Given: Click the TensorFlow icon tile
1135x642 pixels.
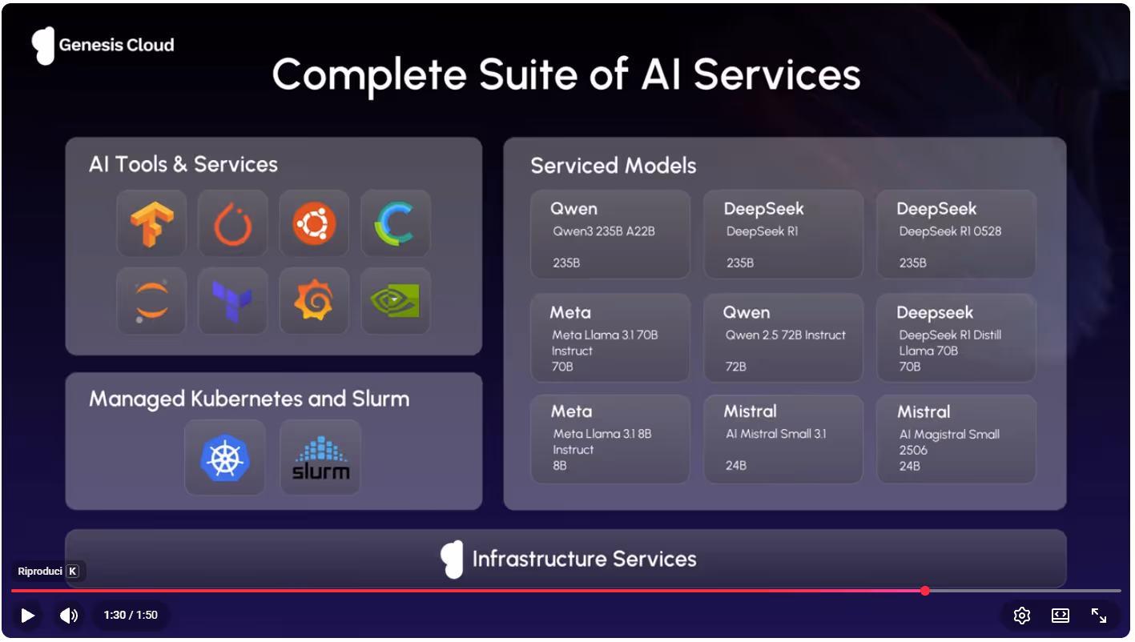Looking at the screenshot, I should [151, 223].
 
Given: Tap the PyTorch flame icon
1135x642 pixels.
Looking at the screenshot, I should [233, 223].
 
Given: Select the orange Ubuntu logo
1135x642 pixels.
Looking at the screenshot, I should [314, 223].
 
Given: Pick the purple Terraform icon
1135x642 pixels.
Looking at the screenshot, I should [233, 301].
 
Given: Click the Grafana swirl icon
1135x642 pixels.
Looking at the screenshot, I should [314, 301].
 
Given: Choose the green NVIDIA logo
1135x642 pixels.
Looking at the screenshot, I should [396, 301].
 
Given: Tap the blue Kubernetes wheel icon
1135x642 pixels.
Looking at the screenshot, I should [225, 458].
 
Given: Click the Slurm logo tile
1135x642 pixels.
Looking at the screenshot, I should [320, 458].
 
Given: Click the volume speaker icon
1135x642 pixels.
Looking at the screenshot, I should [69, 615].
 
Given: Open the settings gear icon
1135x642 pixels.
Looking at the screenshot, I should [1021, 615].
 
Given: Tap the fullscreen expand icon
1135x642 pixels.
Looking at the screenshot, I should [1099, 615].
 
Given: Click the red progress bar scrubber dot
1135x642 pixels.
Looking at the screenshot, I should [925, 591].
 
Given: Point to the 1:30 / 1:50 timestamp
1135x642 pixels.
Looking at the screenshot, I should [131, 615].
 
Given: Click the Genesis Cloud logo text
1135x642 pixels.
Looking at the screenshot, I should [116, 45].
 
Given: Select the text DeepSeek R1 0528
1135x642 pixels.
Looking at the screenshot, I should [950, 231].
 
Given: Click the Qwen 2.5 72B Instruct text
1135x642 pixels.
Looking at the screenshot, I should [785, 335].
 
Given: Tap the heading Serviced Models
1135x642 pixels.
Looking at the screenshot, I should [614, 166].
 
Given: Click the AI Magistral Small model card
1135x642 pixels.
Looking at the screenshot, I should [956, 439].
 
